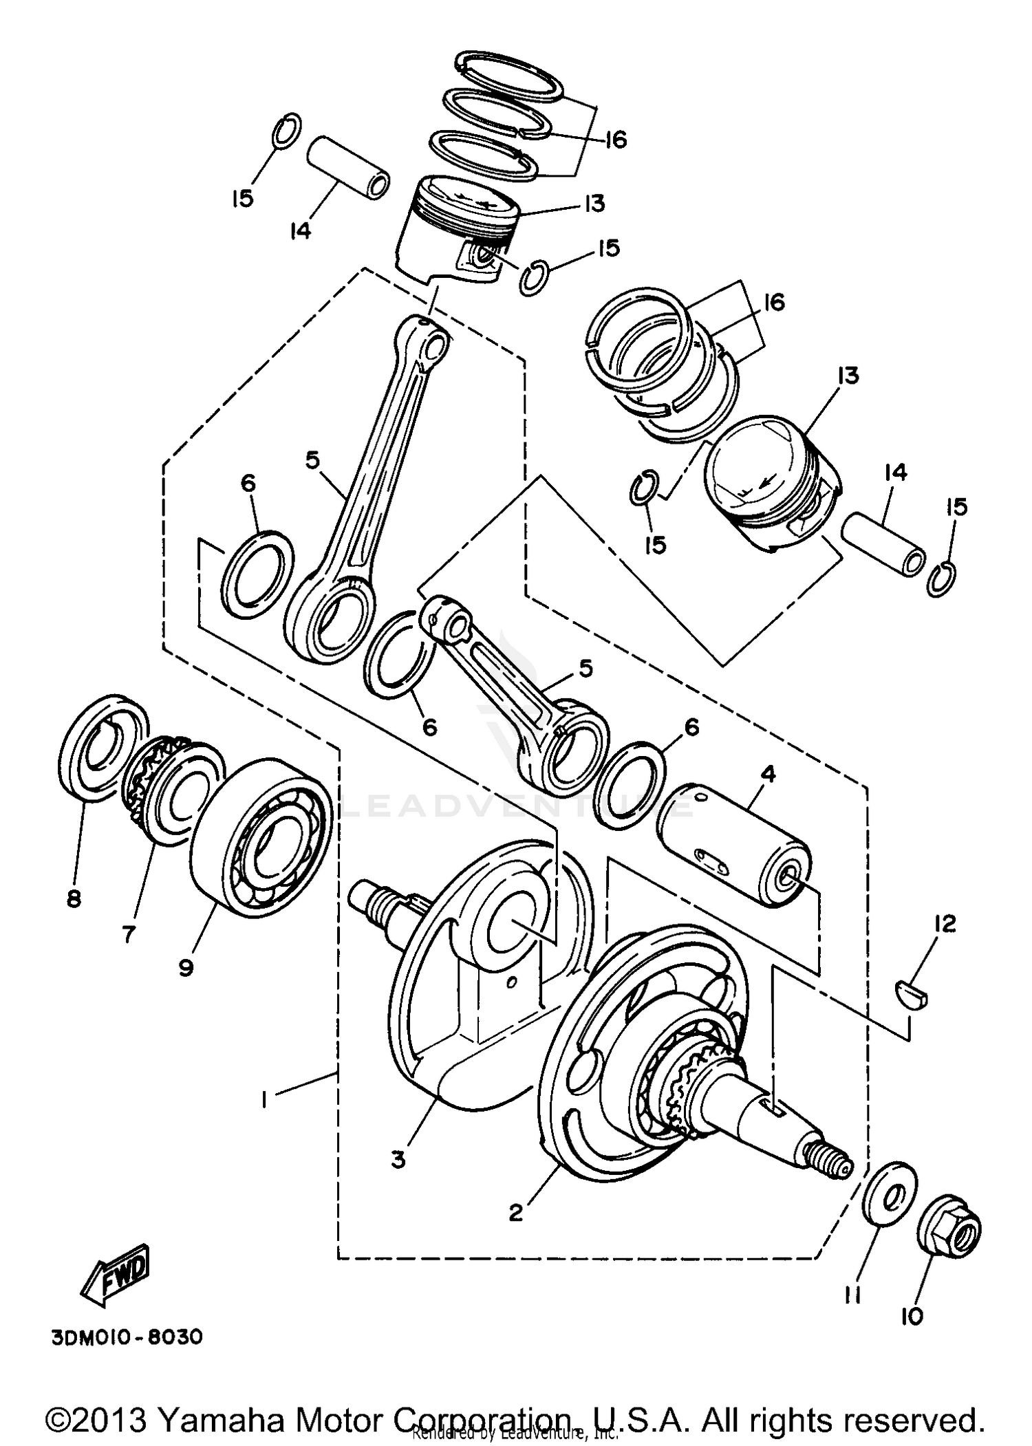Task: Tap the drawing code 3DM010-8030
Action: pos(127,1337)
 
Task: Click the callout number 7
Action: pos(129,934)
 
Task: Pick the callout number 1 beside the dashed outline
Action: pos(264,1101)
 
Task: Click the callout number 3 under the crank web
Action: pos(398,1159)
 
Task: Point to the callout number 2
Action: pos(516,1213)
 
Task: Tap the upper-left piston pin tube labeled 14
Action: pos(348,168)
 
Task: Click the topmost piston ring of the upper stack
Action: pos(509,71)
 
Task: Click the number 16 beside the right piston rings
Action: pos(775,302)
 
